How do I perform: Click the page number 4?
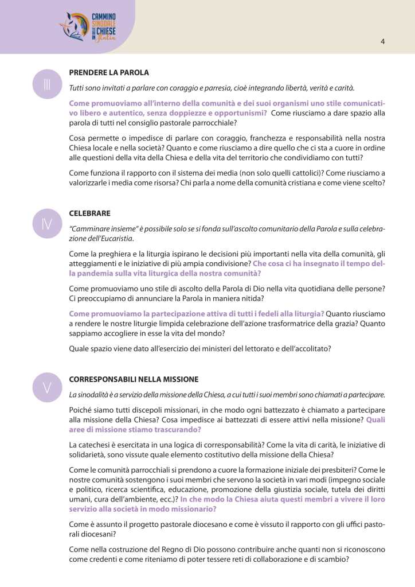tap(382, 41)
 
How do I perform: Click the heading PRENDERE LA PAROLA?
tap(109, 73)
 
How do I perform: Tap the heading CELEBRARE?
tap(89, 213)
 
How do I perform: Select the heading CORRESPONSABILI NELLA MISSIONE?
tap(134, 379)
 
